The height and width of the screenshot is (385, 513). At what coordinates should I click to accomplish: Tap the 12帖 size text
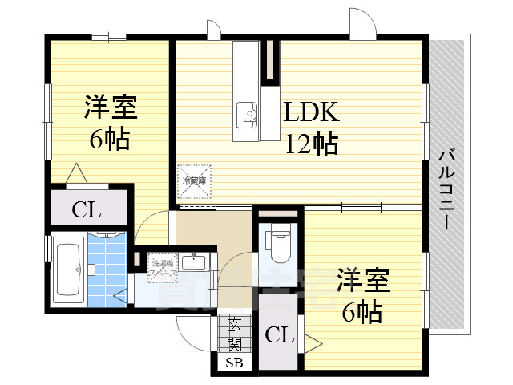[311, 144]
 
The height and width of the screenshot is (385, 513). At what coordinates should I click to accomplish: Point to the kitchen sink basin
[246, 113]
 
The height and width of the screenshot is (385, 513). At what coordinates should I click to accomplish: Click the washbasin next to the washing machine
[192, 263]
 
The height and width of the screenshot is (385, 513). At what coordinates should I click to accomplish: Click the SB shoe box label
[234, 363]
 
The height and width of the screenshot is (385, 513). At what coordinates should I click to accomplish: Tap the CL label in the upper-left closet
[86, 211]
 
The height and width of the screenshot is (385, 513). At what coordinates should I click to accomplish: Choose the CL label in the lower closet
[277, 335]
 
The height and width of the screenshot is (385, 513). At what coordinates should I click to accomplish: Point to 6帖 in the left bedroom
[110, 140]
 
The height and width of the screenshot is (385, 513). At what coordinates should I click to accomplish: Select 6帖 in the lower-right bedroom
[362, 311]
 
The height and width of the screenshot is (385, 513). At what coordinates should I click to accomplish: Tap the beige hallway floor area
[212, 233]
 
